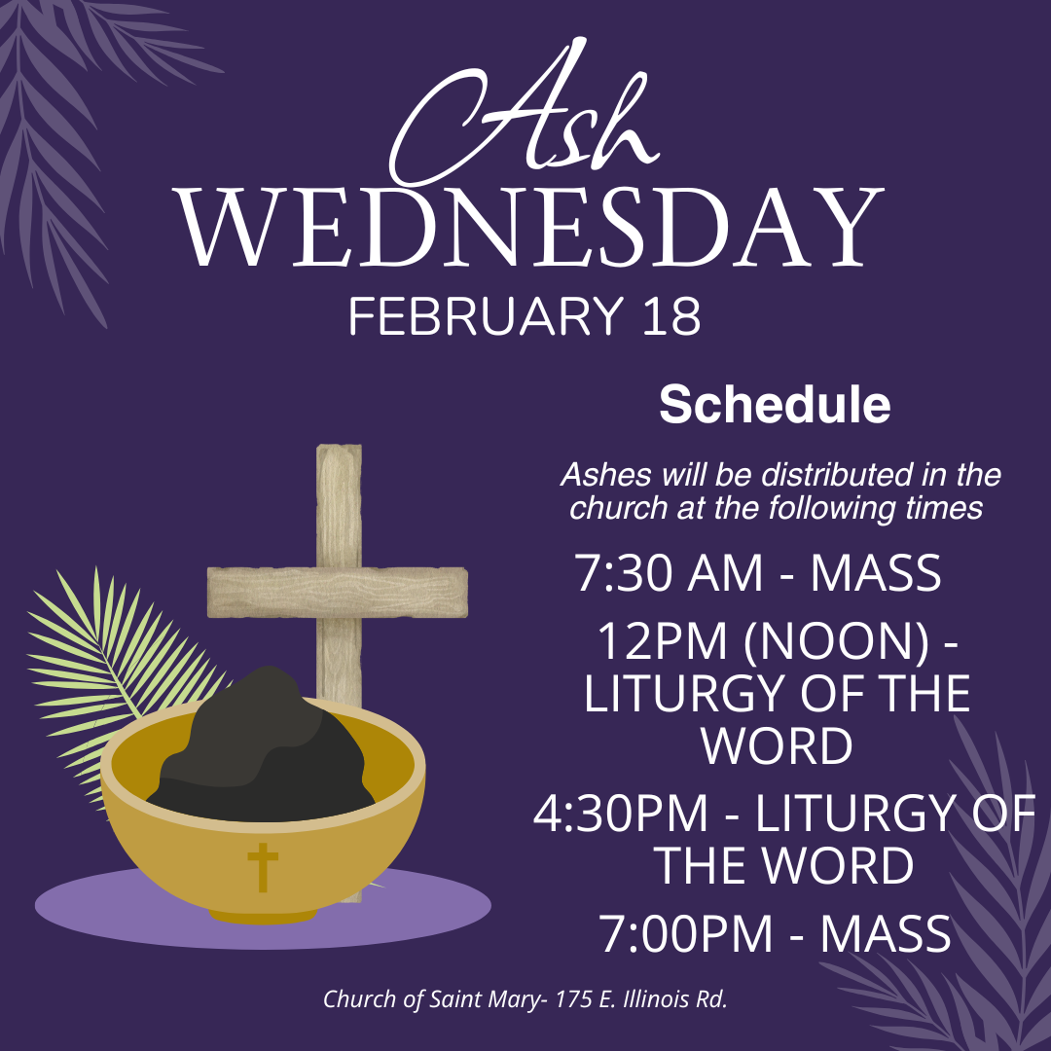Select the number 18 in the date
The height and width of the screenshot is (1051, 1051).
tap(670, 317)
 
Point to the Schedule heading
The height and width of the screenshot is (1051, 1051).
tap(775, 405)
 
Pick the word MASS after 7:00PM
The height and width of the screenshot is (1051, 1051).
tap(885, 934)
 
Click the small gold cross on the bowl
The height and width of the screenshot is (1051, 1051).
tap(263, 866)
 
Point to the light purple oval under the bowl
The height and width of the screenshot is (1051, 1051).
tap(117, 910)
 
